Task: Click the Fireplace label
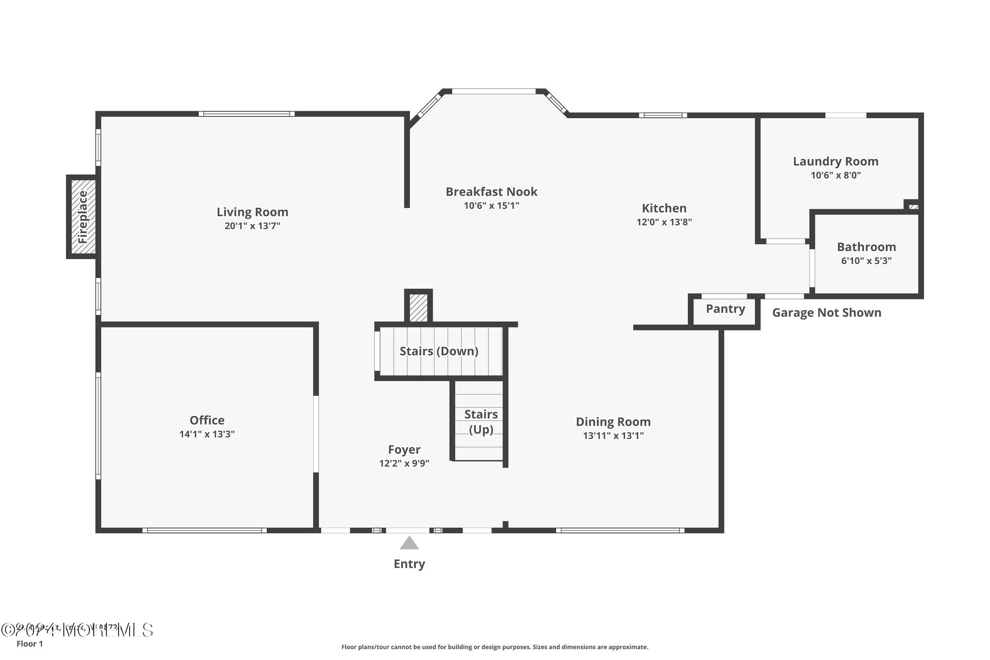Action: point(82,217)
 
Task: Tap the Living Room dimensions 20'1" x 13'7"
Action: point(252,226)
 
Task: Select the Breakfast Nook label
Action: point(491,192)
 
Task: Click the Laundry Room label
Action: point(835,162)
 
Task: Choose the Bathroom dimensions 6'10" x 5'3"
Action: point(866,261)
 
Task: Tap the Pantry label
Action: point(725,309)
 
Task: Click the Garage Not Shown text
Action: point(826,313)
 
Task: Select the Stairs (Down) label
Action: point(438,351)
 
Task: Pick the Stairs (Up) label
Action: point(481,422)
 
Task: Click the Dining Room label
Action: point(613,422)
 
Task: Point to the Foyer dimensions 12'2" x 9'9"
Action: point(404,464)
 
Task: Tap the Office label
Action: point(207,420)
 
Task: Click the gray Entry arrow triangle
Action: point(409,544)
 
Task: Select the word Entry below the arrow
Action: point(409,564)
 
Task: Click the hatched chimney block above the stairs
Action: point(418,308)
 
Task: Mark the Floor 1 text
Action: point(30,644)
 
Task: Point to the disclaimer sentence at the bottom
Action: point(494,647)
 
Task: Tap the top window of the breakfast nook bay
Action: point(493,91)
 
